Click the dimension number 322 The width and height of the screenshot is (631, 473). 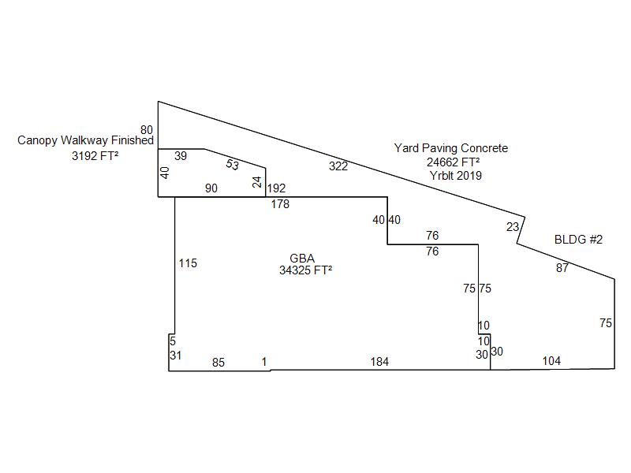click(x=338, y=166)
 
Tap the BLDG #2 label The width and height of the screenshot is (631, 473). click(x=578, y=240)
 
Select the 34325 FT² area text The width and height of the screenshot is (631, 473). click(x=305, y=270)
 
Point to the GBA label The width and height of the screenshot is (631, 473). click(x=302, y=258)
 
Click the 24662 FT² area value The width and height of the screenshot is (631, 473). click(x=454, y=162)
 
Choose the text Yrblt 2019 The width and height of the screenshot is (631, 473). click(x=455, y=175)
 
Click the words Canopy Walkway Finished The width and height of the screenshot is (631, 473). click(x=86, y=140)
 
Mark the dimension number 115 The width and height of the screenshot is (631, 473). click(x=188, y=263)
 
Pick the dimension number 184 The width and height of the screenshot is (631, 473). click(x=380, y=362)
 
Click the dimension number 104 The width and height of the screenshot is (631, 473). click(x=551, y=361)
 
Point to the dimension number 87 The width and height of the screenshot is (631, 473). click(x=562, y=268)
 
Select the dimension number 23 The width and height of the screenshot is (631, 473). click(x=513, y=227)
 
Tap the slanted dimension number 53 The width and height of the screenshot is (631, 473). click(x=232, y=165)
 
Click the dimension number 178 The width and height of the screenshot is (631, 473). click(x=280, y=204)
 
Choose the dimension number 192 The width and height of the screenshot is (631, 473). click(x=276, y=188)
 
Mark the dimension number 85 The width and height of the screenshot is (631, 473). click(x=218, y=363)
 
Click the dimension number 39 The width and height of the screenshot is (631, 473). click(x=181, y=156)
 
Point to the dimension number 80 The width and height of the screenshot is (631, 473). click(x=147, y=130)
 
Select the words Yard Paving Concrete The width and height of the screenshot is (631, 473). click(x=451, y=148)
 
